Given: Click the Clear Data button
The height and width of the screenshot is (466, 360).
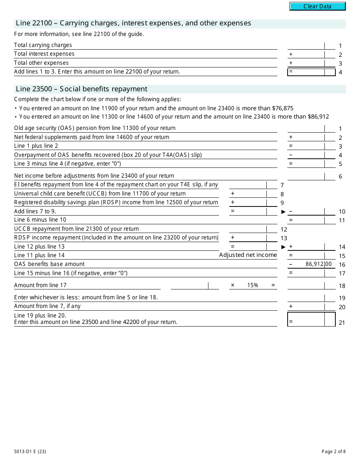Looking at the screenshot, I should click(x=318, y=6).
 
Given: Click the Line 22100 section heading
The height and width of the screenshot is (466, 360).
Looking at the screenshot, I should click(x=133, y=23).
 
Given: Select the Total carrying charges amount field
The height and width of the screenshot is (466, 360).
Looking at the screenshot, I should click(x=306, y=45).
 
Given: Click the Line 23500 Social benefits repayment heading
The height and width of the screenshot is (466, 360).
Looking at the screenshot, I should click(x=81, y=89).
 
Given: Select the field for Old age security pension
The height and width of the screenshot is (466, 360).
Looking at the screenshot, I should click(x=306, y=128).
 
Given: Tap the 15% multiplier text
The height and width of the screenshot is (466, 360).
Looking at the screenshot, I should click(x=252, y=285).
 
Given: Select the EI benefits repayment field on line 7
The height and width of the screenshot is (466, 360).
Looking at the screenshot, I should click(x=248, y=185).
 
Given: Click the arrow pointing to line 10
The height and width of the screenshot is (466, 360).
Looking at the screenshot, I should click(x=283, y=212).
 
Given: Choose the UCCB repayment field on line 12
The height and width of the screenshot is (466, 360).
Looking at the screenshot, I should click(x=248, y=229).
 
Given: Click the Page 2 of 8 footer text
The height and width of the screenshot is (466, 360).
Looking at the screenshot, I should click(x=333, y=451).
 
